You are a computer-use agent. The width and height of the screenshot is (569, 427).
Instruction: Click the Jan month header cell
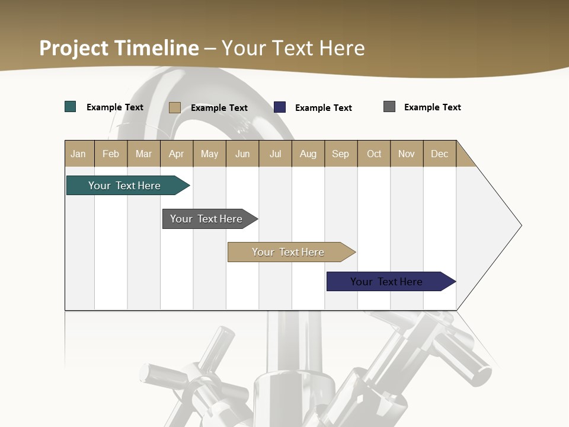click(79, 154)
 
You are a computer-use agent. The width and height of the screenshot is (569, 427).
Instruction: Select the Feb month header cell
click(111, 154)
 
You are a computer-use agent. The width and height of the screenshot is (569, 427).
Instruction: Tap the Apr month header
click(177, 154)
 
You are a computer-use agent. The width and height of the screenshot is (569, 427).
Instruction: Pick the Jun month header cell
click(242, 154)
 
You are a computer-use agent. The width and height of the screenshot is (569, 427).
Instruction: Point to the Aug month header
click(308, 154)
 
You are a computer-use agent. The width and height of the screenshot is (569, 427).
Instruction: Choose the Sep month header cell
click(341, 154)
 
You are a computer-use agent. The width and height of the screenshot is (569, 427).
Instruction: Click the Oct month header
click(374, 154)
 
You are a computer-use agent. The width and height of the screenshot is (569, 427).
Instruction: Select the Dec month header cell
click(440, 154)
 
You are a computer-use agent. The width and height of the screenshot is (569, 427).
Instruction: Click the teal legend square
click(71, 107)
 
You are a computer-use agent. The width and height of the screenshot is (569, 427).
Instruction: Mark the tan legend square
click(175, 107)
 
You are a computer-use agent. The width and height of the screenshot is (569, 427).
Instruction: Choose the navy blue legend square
click(280, 107)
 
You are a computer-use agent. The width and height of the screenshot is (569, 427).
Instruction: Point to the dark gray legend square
click(389, 107)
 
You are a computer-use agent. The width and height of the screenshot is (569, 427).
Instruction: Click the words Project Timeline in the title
click(119, 47)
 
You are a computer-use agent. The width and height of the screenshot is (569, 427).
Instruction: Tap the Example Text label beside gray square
click(432, 107)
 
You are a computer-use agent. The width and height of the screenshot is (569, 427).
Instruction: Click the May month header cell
click(209, 154)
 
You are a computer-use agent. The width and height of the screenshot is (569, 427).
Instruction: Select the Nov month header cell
click(407, 154)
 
